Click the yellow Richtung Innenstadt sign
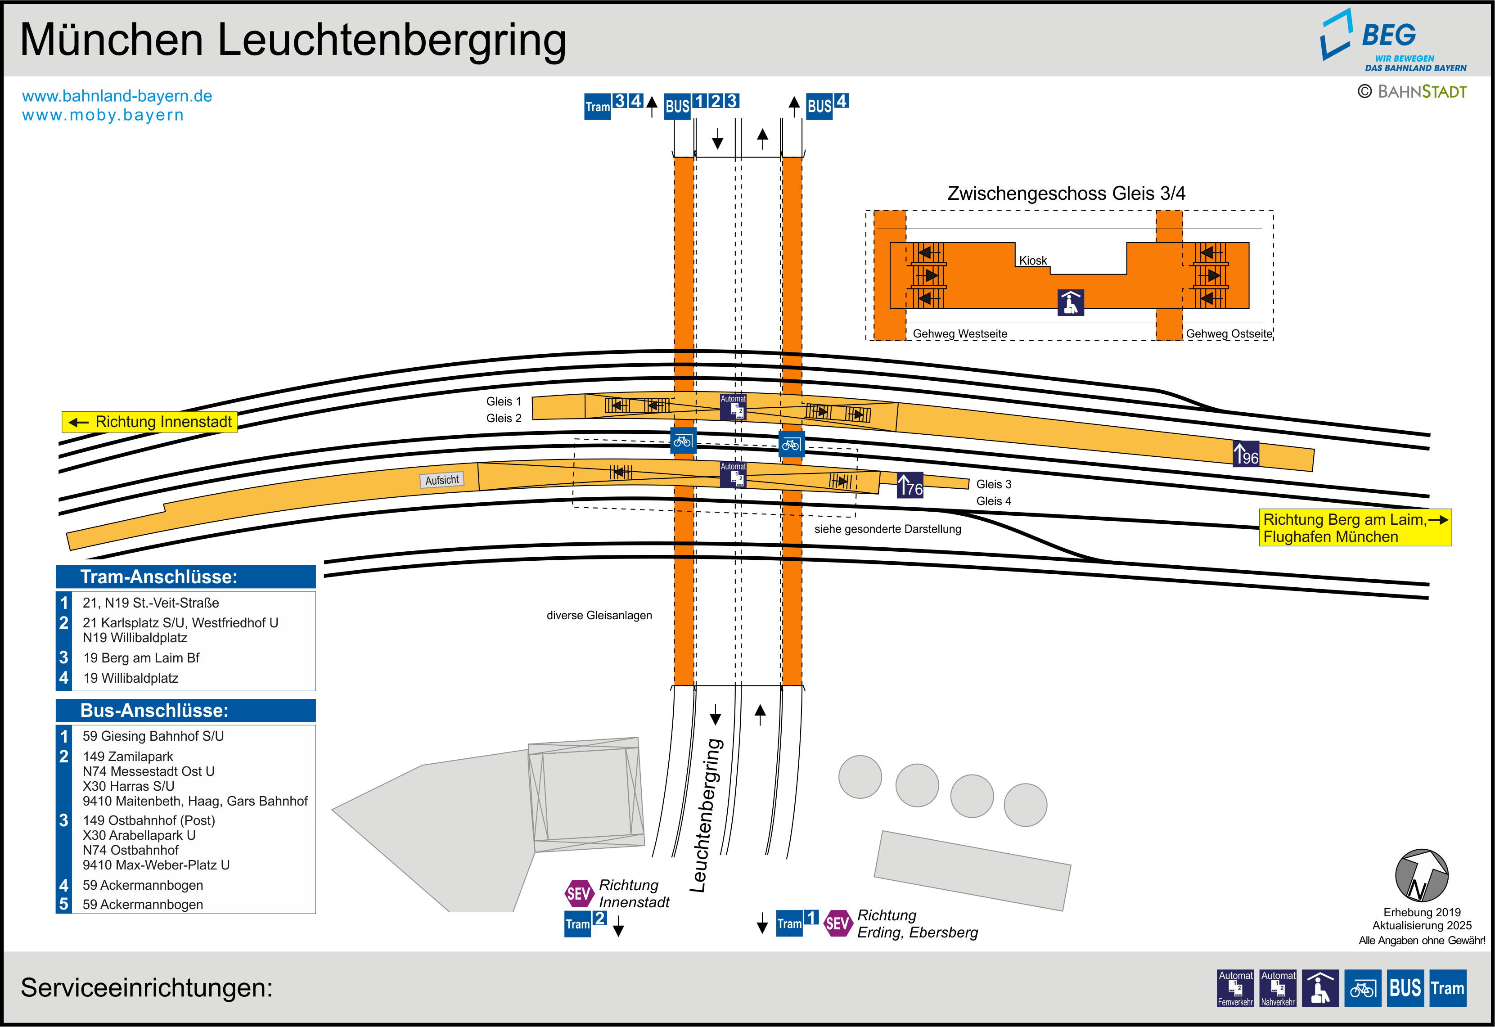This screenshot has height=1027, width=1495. coord(149,422)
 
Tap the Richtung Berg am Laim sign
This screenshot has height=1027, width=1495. coord(1354,527)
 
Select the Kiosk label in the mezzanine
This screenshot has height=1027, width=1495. coord(1032,261)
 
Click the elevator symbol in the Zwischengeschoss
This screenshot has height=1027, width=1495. coord(1071,302)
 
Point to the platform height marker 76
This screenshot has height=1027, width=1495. coord(910,486)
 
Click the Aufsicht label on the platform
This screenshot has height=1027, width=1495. coord(442,480)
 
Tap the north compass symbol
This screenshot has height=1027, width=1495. coord(1421,876)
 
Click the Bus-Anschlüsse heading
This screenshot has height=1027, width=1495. coord(154,711)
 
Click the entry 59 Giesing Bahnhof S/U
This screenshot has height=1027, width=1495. coord(153,736)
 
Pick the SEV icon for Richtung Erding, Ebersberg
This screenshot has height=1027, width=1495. coord(838,923)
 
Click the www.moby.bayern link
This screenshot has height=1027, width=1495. coord(103,115)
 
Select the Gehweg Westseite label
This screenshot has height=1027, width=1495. coord(960,334)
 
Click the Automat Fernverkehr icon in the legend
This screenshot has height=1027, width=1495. coord(1235,988)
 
